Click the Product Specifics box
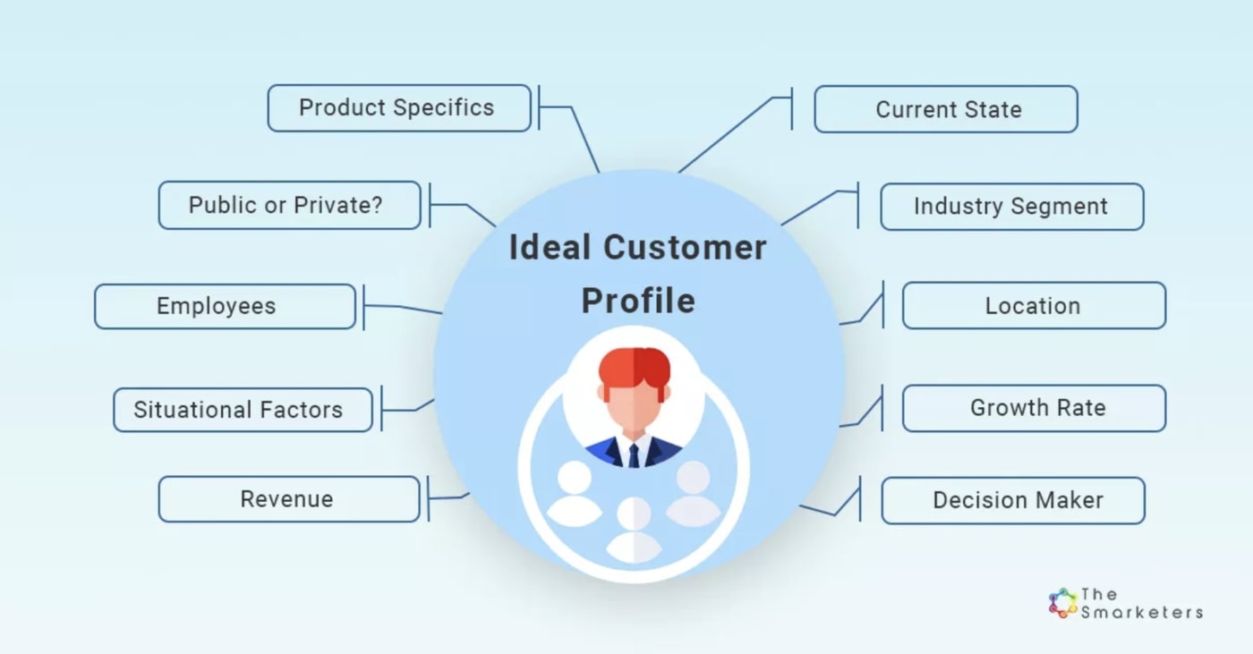point(399,108)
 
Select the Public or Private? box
point(289,205)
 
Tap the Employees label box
point(225,306)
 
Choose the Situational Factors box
point(243,410)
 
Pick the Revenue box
point(288,499)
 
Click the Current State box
point(946,109)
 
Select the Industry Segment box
point(1012,207)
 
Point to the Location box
point(1035,306)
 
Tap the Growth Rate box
point(1035,408)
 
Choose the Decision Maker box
point(1013,500)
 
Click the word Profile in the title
point(638,302)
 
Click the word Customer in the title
point(685,247)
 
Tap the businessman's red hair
point(635,367)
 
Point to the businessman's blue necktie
point(634,455)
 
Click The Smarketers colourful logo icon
point(1062,603)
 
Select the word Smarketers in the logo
point(1142,613)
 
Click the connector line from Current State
point(735,133)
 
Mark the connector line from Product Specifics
point(569,129)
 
